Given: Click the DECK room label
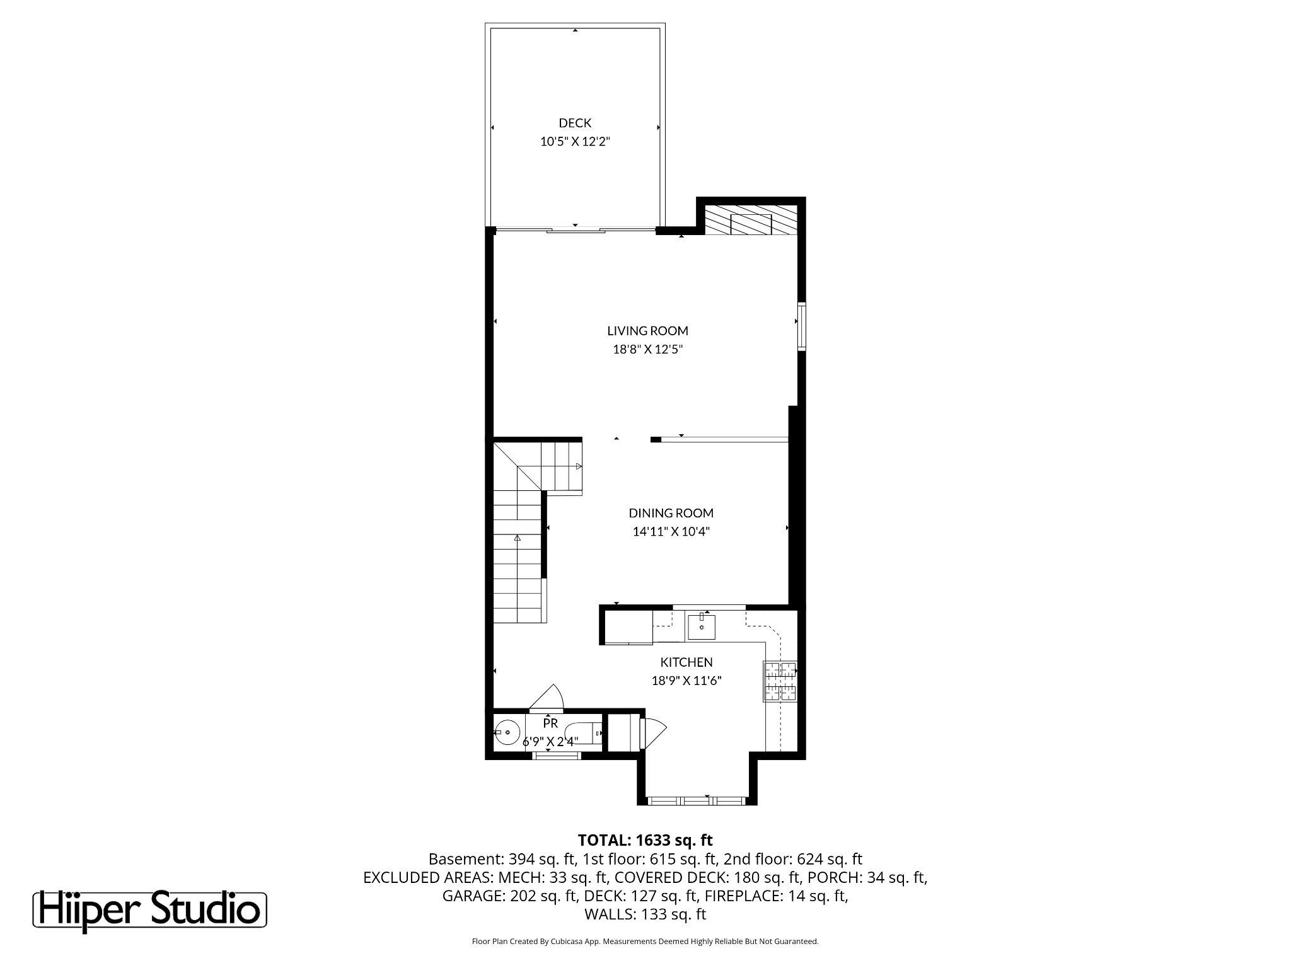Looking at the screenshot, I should coord(575,123).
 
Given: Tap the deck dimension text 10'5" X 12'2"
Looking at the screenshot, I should coord(575,142).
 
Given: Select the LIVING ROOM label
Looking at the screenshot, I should coord(647,331).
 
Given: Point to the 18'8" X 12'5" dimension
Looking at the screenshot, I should coord(647,349).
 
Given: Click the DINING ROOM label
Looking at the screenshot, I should coord(671,513).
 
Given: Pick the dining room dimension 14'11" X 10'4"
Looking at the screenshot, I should coord(671,531).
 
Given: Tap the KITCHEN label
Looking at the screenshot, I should coord(686,662).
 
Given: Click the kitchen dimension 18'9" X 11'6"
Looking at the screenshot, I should coord(686,681).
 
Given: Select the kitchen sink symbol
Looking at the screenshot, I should coord(701,626).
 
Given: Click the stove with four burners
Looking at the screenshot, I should coord(780,681).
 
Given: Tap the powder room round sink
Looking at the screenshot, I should coord(507,733).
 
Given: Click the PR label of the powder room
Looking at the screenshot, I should coord(550,723).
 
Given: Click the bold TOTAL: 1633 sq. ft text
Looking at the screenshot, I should coord(645,840).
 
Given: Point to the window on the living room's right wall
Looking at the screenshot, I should coord(801,326).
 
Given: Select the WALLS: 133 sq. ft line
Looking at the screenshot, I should coord(645,914).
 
